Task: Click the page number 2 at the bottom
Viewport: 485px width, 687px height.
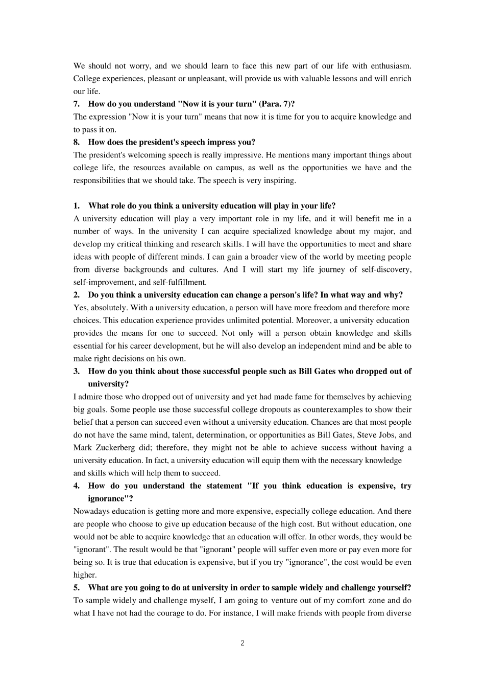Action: tap(242, 643)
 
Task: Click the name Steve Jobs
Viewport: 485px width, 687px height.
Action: tap(376, 435)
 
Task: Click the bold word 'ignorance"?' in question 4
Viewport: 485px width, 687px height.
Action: tap(107, 499)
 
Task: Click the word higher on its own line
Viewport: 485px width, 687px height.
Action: tap(84, 575)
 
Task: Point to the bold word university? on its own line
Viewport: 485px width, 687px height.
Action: tap(108, 384)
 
